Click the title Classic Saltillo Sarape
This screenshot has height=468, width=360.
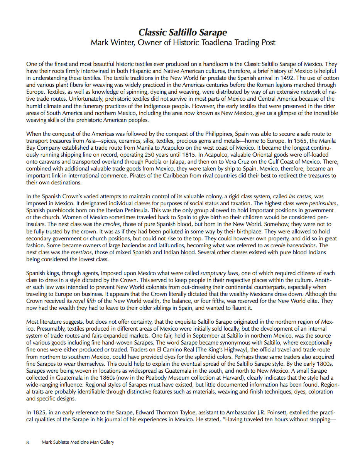pos(183,32)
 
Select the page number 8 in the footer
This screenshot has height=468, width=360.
pos(27,443)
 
